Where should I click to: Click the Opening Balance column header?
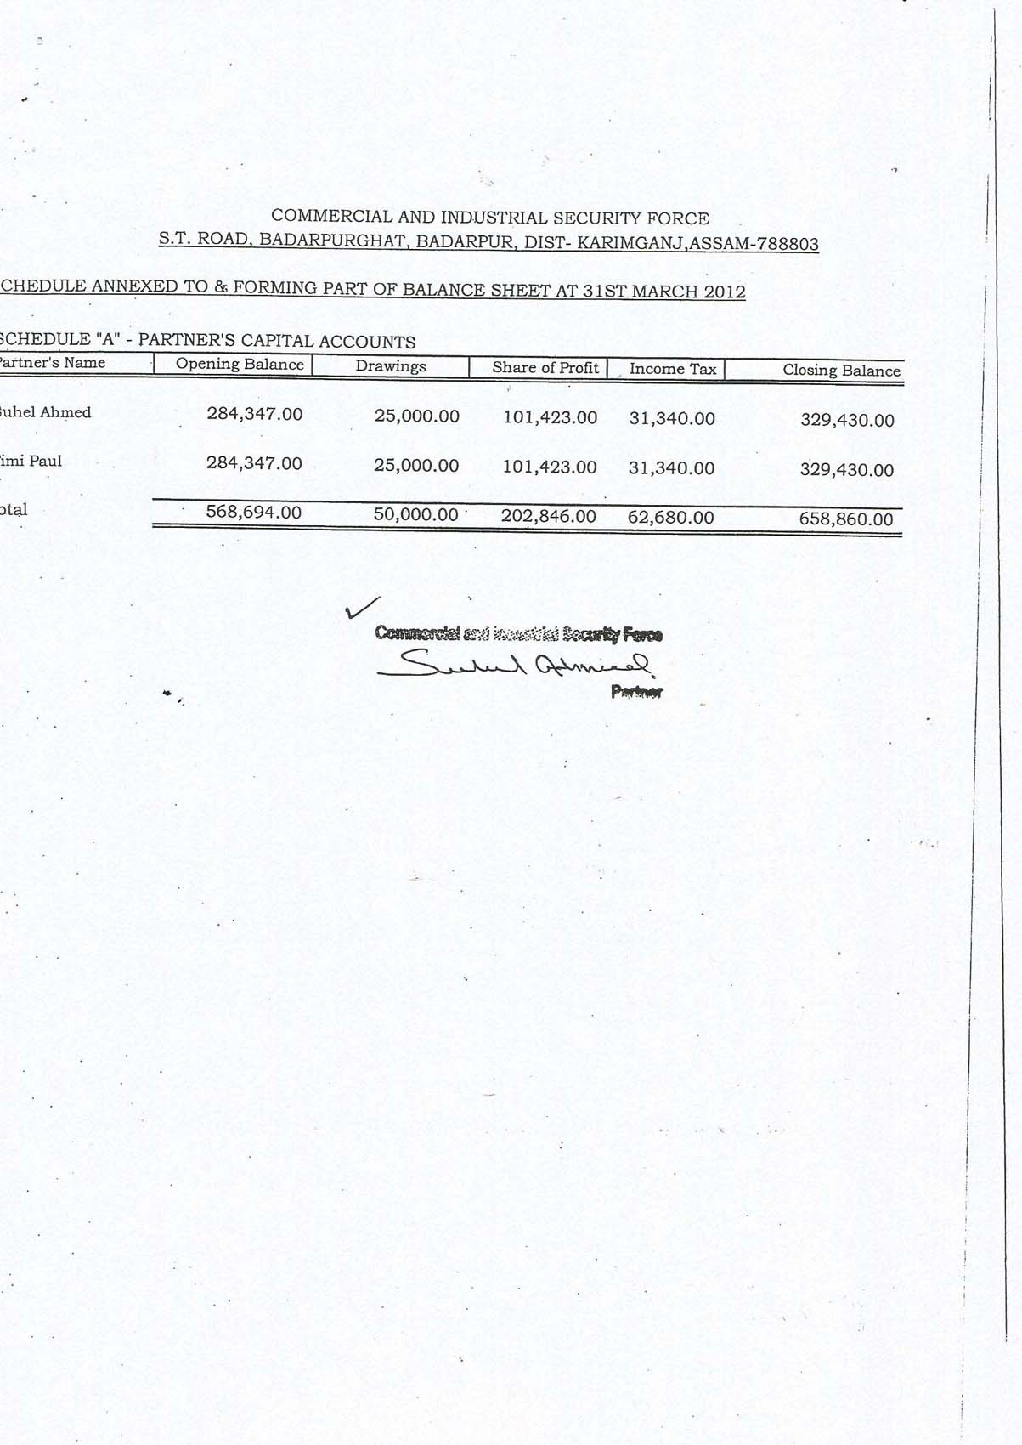tap(240, 365)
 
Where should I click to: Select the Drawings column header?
tap(391, 366)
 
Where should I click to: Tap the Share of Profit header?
tap(545, 368)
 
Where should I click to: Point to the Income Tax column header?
tap(673, 369)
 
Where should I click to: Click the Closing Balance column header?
tap(841, 371)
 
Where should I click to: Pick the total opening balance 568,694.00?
tap(254, 513)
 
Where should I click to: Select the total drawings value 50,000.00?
tap(416, 515)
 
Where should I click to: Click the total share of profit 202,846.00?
tap(549, 516)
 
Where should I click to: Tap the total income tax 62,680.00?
tap(671, 518)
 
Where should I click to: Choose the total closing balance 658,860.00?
tap(846, 519)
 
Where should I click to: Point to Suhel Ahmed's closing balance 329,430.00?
tap(847, 420)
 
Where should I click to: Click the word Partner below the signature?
tap(636, 692)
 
